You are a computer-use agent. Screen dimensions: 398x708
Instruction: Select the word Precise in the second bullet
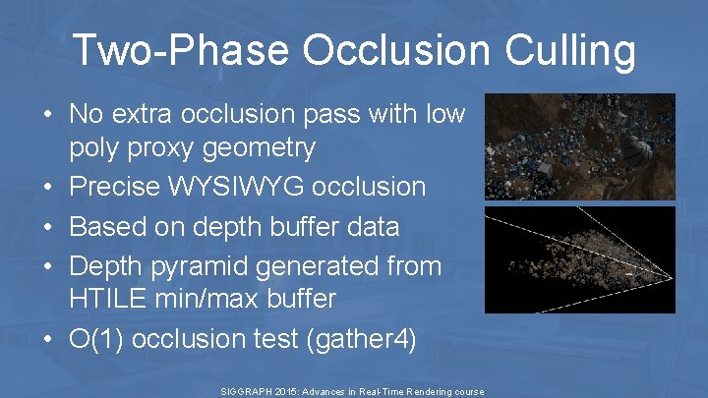point(114,187)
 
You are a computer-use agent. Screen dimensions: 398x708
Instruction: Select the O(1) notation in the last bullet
point(95,339)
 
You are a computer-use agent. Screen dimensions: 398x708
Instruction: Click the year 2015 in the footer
point(286,391)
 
